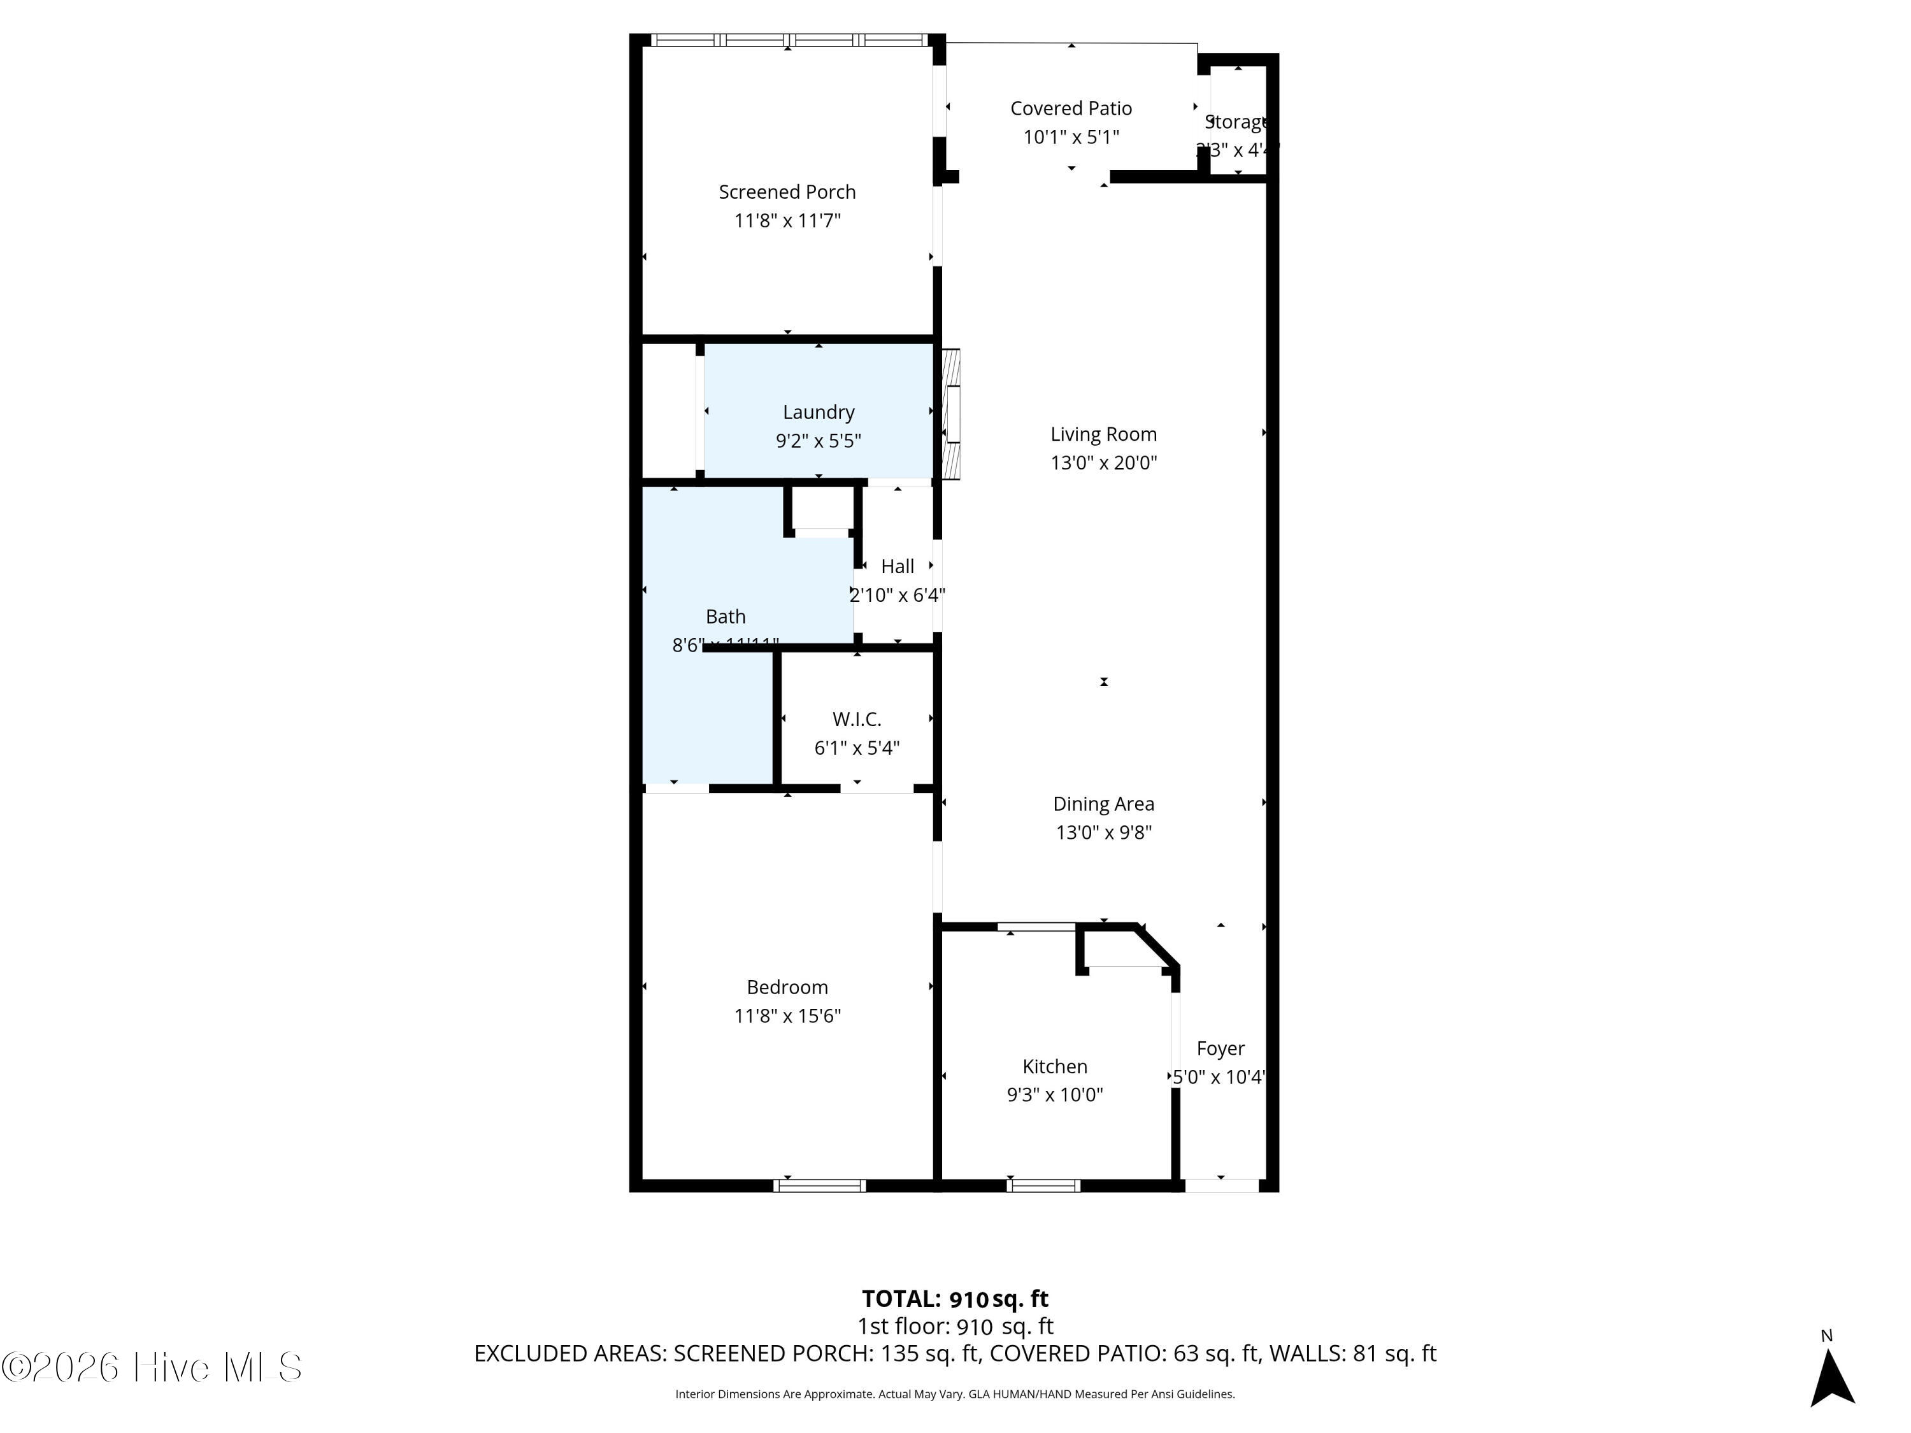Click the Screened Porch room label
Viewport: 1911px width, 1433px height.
click(x=787, y=192)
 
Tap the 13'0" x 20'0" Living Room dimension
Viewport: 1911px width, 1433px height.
click(x=1103, y=462)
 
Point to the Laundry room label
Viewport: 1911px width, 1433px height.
click(x=818, y=412)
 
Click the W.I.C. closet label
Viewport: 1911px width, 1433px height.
click(x=856, y=718)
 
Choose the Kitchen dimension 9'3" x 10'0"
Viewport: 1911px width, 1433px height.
click(x=1054, y=1094)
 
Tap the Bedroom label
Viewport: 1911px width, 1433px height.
click(x=787, y=987)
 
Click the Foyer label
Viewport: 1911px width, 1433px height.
click(x=1220, y=1048)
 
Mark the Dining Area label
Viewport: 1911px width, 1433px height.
click(x=1103, y=803)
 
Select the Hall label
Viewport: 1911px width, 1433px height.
click(x=897, y=567)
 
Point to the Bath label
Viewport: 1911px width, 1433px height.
click(x=725, y=616)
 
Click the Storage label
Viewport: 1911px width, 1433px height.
click(x=1236, y=122)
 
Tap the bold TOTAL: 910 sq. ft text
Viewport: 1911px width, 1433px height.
click(x=955, y=1298)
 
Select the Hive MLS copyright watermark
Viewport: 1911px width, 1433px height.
click(x=152, y=1367)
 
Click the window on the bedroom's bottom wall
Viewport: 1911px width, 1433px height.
click(x=819, y=1186)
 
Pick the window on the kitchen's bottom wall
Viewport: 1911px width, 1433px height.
click(x=1043, y=1186)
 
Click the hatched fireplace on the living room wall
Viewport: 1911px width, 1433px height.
click(x=950, y=414)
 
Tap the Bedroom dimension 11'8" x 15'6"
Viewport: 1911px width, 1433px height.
click(x=787, y=1015)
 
